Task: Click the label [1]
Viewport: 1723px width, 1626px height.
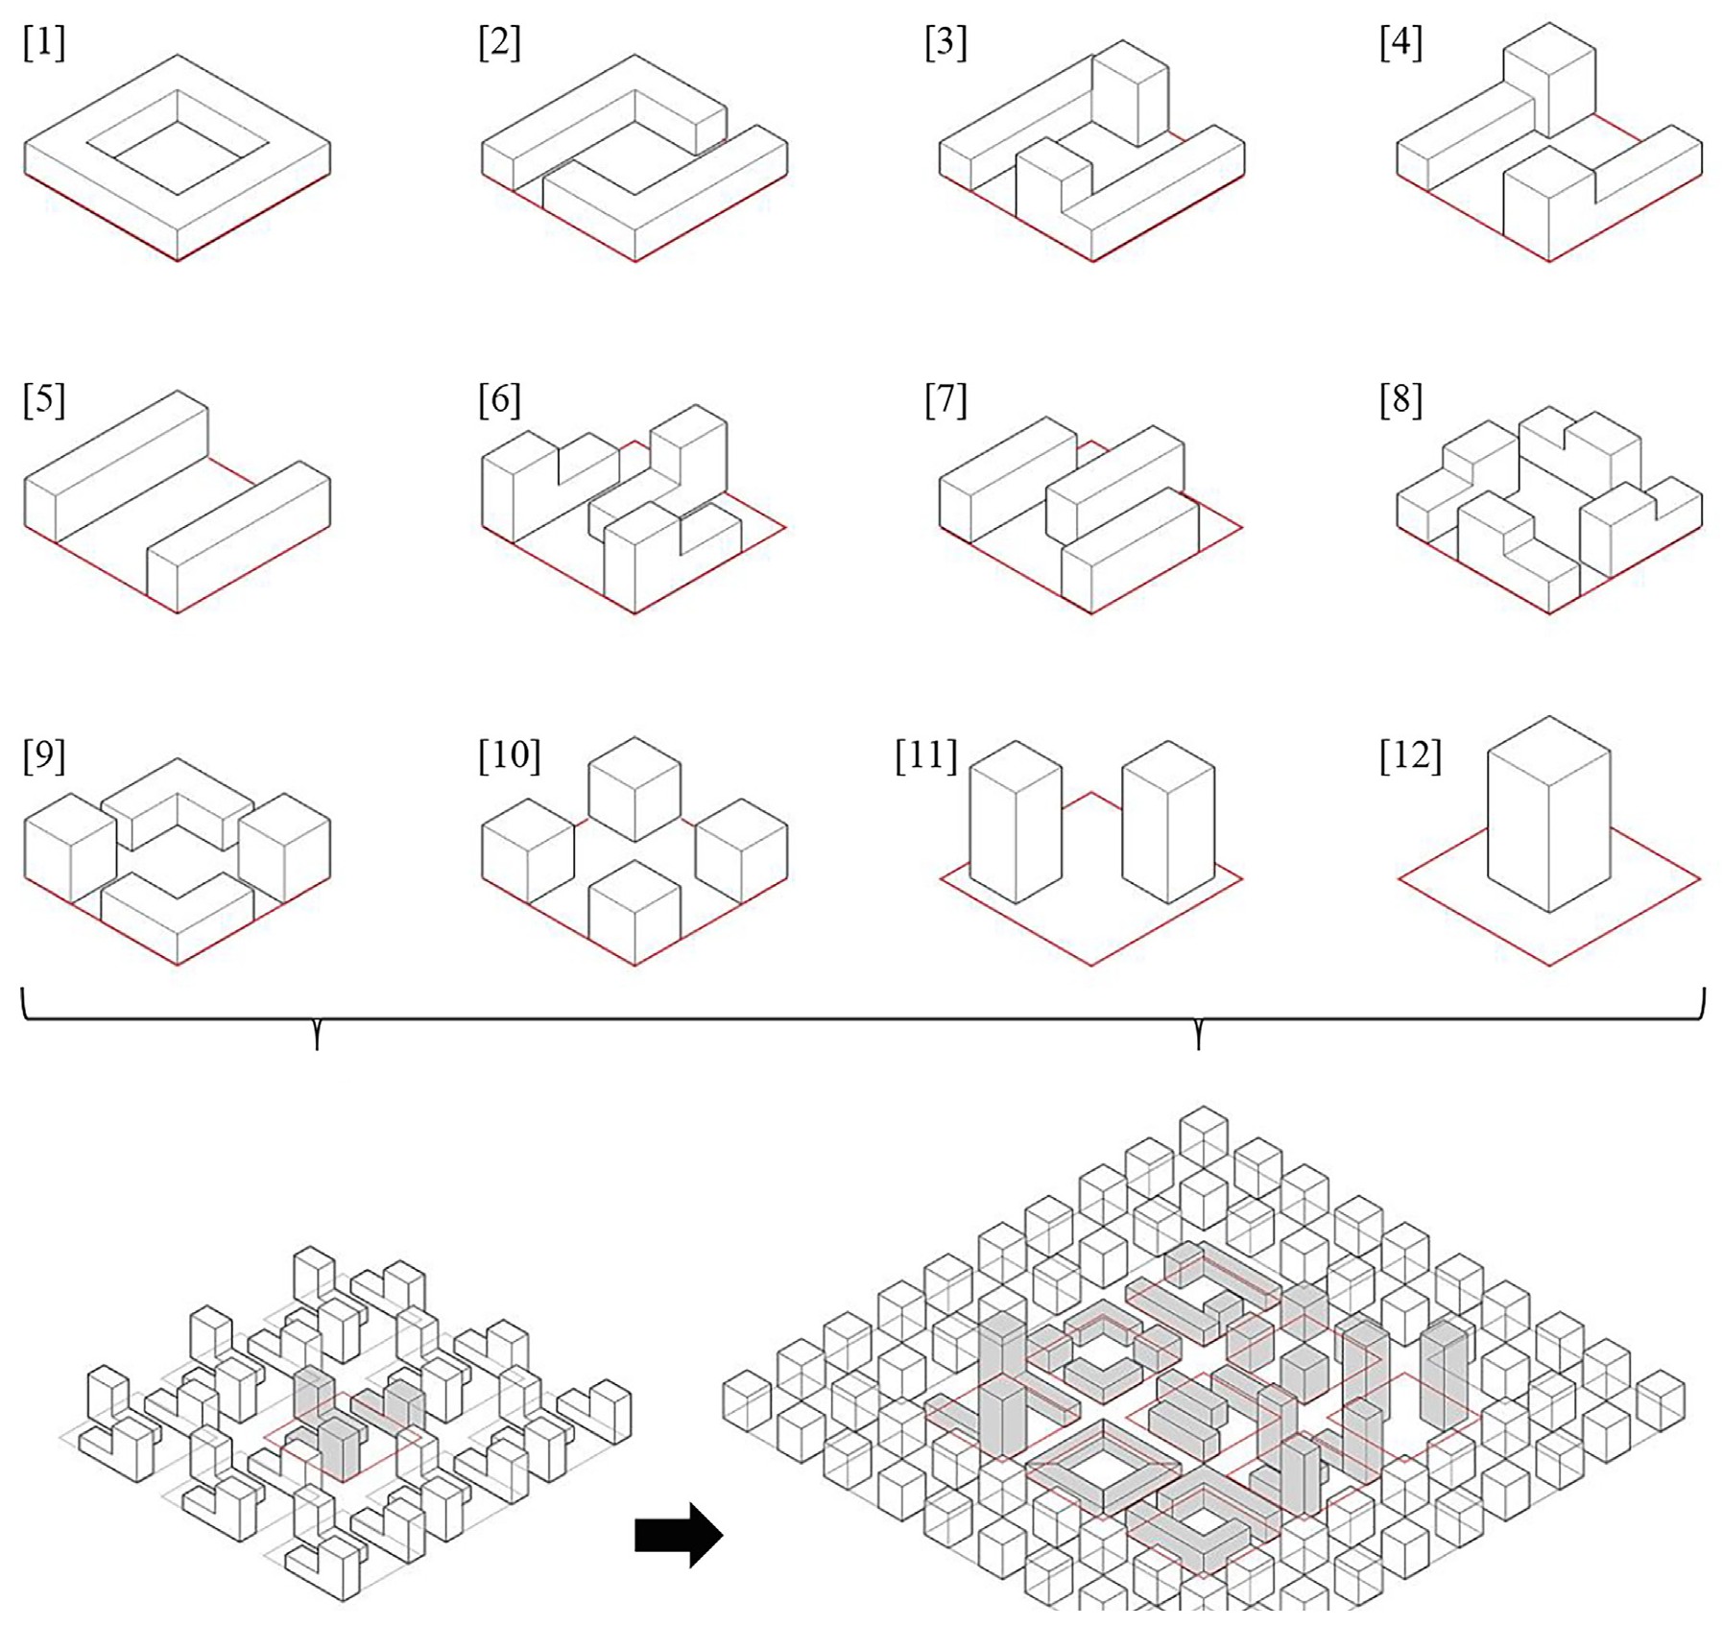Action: tap(44, 43)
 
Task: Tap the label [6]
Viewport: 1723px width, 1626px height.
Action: tap(499, 399)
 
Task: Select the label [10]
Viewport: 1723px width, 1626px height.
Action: tap(509, 755)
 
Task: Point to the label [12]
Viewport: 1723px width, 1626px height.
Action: tap(1410, 755)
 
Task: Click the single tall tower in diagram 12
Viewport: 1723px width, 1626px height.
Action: tap(1548, 825)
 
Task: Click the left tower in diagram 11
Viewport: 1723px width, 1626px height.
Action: tap(1016, 825)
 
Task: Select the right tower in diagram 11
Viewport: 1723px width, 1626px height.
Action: tap(1168, 825)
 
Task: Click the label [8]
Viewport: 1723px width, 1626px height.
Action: tap(1400, 399)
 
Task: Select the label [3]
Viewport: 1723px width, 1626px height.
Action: tap(945, 43)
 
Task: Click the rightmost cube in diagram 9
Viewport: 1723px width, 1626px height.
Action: tap(285, 849)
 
